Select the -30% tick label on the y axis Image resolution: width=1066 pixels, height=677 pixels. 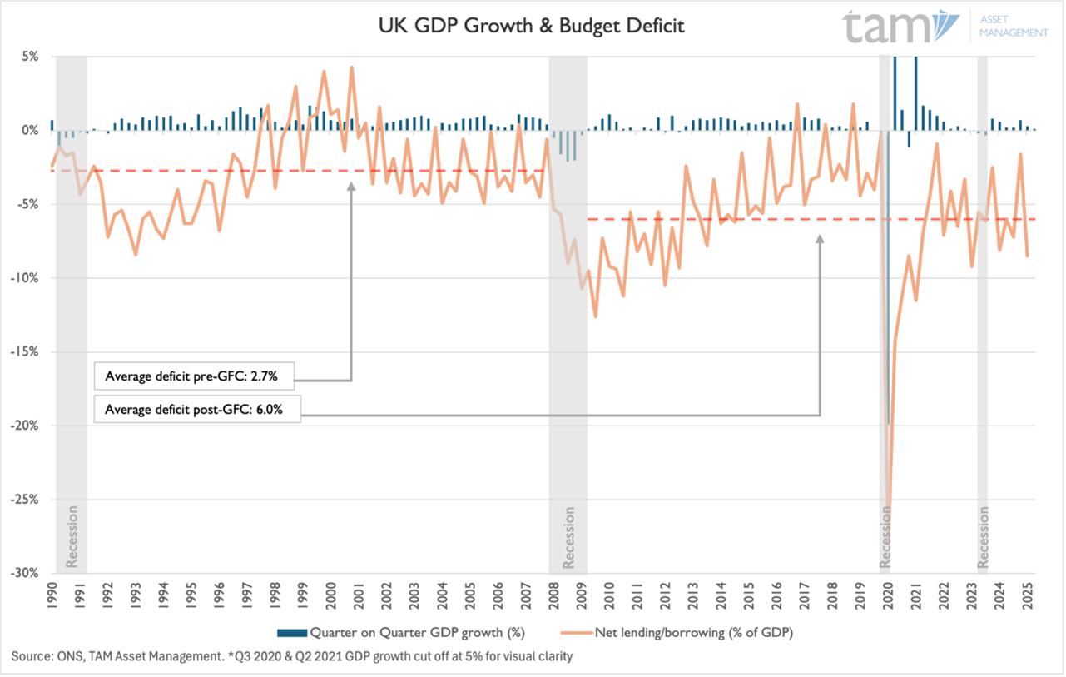[29, 573]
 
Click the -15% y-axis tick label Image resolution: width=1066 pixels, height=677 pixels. [29, 351]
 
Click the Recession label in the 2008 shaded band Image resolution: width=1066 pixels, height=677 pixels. [569, 537]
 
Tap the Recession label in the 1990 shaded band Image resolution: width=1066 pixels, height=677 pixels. [72, 537]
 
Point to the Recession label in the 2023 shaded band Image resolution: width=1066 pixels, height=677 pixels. [984, 537]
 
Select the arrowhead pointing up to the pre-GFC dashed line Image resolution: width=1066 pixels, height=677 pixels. [351, 187]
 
